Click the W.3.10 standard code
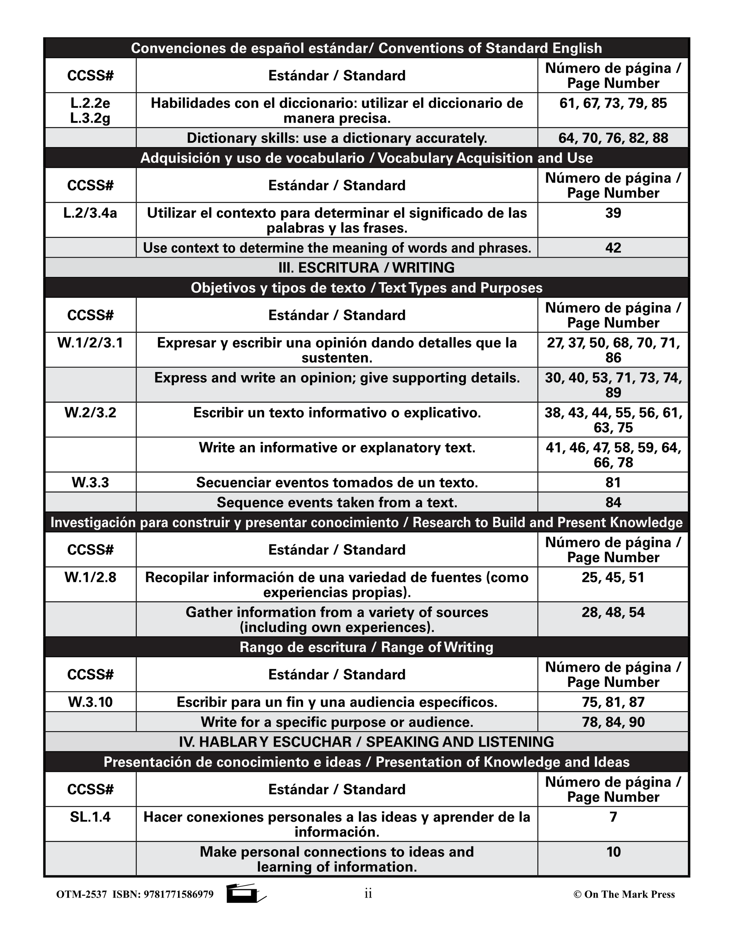point(90,702)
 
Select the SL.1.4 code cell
point(90,817)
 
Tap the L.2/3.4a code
point(90,213)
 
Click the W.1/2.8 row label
point(90,577)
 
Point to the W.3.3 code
point(90,482)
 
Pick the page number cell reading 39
point(613,213)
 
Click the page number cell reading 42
point(613,248)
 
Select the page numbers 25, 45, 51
point(613,577)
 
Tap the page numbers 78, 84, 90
point(613,722)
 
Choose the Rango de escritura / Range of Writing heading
point(366,647)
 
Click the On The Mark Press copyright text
point(624,894)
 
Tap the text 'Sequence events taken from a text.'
point(337,502)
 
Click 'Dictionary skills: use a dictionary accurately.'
point(337,138)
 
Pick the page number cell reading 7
point(613,817)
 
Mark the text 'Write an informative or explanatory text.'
point(337,448)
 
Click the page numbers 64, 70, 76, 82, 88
point(613,138)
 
